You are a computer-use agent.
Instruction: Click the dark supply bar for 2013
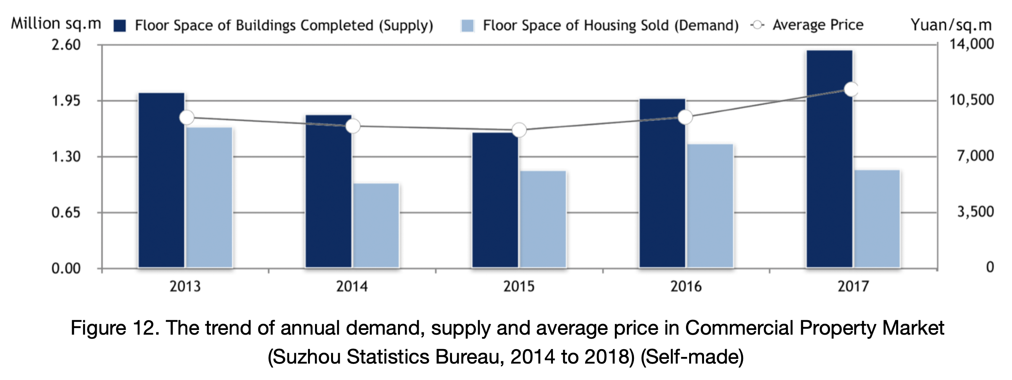(x=162, y=181)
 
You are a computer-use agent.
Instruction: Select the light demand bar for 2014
(x=376, y=226)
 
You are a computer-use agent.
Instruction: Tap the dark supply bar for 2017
(x=829, y=159)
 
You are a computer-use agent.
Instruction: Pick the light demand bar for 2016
(x=710, y=206)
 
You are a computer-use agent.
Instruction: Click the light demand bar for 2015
(x=543, y=219)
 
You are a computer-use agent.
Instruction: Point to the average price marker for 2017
(x=851, y=90)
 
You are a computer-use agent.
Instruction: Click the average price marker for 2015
(x=519, y=130)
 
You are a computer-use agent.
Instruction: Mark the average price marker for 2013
(x=187, y=117)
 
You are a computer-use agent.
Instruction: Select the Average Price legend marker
(x=757, y=25)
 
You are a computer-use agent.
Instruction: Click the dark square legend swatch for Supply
(x=119, y=26)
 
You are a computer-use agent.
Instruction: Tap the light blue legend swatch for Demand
(x=468, y=26)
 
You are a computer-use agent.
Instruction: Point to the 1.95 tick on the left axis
(x=66, y=101)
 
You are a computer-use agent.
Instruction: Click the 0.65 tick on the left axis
(x=66, y=213)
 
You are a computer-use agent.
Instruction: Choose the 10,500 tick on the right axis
(x=972, y=100)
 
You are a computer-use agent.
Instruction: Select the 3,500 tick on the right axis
(x=976, y=212)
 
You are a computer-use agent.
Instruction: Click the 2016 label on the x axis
(x=686, y=287)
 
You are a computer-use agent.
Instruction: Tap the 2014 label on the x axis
(x=352, y=287)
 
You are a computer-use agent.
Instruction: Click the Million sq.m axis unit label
(x=56, y=23)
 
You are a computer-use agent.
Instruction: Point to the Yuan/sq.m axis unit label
(x=951, y=25)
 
